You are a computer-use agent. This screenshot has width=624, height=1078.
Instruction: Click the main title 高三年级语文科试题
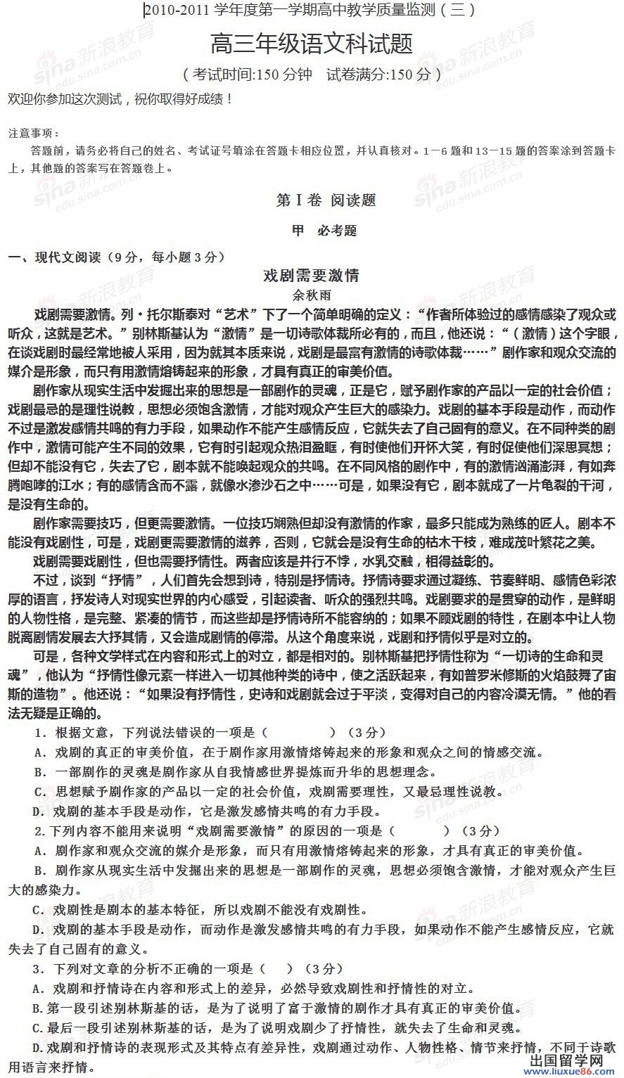tap(312, 44)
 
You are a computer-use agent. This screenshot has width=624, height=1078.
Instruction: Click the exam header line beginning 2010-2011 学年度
tap(310, 11)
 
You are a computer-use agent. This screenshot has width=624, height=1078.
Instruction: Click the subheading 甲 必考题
tap(324, 231)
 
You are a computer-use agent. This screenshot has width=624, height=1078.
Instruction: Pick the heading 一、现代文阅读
tap(116, 257)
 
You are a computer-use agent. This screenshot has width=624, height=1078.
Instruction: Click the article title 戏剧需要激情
tap(311, 276)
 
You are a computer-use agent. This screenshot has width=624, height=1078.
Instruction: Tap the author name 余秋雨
tap(311, 295)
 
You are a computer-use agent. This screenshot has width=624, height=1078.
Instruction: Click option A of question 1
tap(288, 752)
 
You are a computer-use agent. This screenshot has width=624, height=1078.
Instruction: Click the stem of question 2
tap(211, 830)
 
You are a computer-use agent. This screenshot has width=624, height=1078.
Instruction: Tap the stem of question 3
tap(148, 968)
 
